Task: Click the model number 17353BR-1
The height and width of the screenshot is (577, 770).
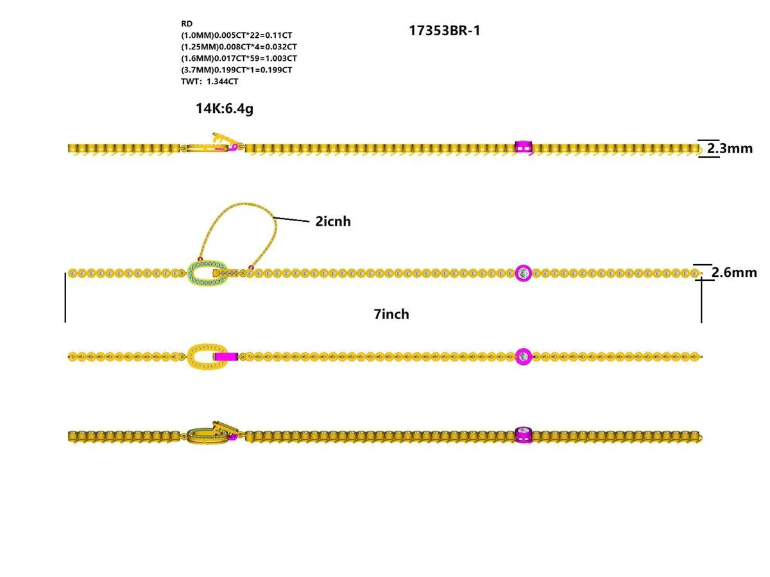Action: click(x=444, y=31)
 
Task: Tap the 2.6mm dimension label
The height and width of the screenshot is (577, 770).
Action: click(x=734, y=272)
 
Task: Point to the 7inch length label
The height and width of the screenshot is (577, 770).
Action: click(x=391, y=314)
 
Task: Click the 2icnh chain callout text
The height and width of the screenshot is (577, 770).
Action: click(x=333, y=222)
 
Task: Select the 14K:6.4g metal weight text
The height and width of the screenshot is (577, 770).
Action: click(x=225, y=108)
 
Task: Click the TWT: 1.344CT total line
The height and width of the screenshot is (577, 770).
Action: click(x=210, y=81)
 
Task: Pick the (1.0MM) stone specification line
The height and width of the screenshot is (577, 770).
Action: click(x=236, y=35)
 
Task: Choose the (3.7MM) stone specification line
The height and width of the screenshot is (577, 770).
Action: click(x=236, y=70)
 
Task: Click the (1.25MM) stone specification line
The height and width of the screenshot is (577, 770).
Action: click(x=239, y=47)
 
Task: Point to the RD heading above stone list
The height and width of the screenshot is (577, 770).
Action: click(x=187, y=24)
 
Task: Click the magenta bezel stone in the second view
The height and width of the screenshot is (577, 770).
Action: click(x=524, y=273)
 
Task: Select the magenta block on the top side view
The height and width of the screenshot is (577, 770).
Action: click(x=524, y=148)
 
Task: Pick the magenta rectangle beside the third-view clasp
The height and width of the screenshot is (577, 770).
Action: click(x=227, y=356)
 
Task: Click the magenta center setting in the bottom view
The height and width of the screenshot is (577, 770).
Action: click(x=524, y=435)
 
